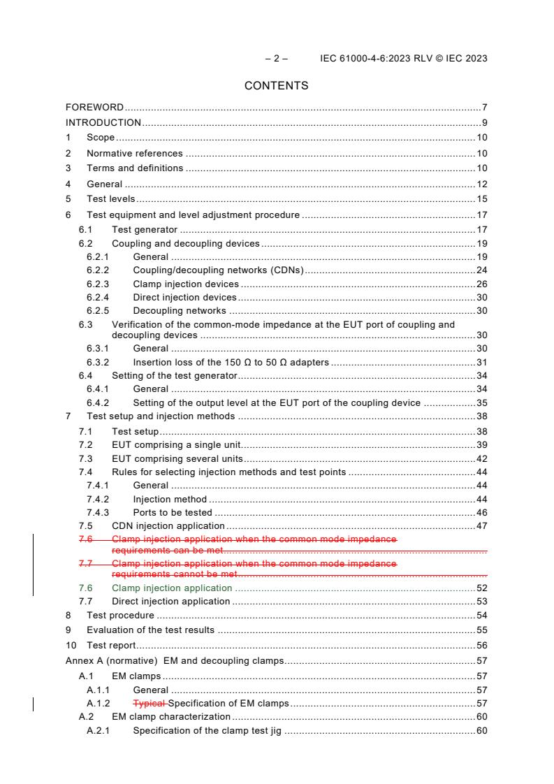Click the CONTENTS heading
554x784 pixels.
pyautogui.click(x=276, y=86)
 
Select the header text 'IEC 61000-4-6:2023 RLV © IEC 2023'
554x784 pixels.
pyautogui.click(x=403, y=59)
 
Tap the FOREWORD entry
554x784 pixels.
pyautogui.click(x=94, y=108)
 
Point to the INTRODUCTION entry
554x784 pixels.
pyautogui.click(x=103, y=123)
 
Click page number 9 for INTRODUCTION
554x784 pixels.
pyautogui.click(x=484, y=123)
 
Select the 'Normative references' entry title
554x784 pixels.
pyautogui.click(x=134, y=153)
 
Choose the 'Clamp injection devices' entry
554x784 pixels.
pyautogui.click(x=186, y=284)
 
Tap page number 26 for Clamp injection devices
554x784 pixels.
pyautogui.click(x=481, y=284)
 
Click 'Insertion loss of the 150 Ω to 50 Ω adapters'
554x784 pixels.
pyautogui.click(x=231, y=363)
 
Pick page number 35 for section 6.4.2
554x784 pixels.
pyautogui.click(x=481, y=403)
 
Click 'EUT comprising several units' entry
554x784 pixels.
pyautogui.click(x=177, y=459)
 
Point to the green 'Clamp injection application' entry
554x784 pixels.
pyautogui.click(x=172, y=588)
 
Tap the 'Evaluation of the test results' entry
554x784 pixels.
pyautogui.click(x=150, y=630)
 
